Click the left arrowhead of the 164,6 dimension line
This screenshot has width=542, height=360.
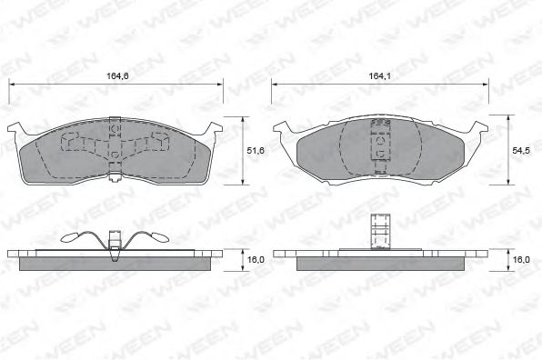(12, 85)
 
